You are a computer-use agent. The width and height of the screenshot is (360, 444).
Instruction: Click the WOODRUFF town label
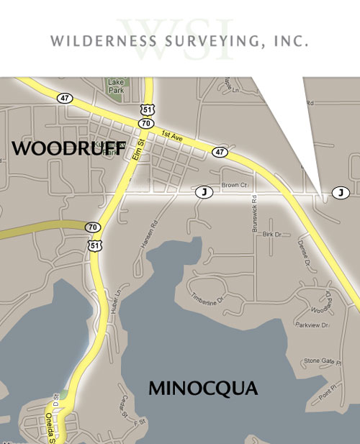click(69, 148)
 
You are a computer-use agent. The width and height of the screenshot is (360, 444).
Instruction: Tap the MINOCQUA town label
click(202, 389)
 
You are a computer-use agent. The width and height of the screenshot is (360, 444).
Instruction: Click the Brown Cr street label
click(234, 185)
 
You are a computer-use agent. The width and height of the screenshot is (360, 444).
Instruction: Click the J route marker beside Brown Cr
click(204, 192)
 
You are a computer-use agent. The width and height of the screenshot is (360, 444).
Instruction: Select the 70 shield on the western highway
click(92, 227)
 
